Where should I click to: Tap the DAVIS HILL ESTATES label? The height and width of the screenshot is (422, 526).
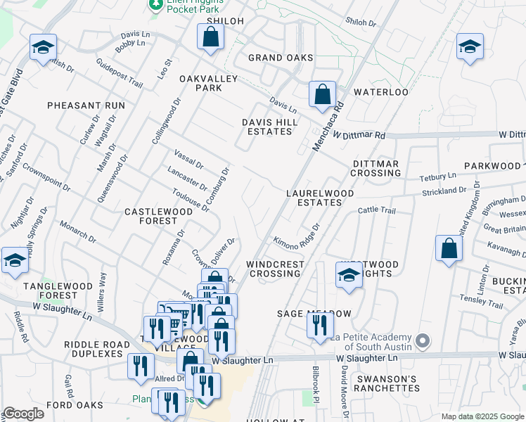click(270, 127)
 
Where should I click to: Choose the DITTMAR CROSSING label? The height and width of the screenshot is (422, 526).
click(376, 168)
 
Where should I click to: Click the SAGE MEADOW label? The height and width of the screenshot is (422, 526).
click(314, 313)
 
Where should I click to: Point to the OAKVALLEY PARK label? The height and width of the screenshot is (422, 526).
click(200, 83)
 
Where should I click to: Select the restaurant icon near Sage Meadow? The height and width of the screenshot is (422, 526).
click(319, 325)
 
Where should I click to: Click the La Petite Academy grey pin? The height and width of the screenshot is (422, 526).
click(422, 341)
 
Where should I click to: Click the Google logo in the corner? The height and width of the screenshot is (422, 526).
click(23, 414)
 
